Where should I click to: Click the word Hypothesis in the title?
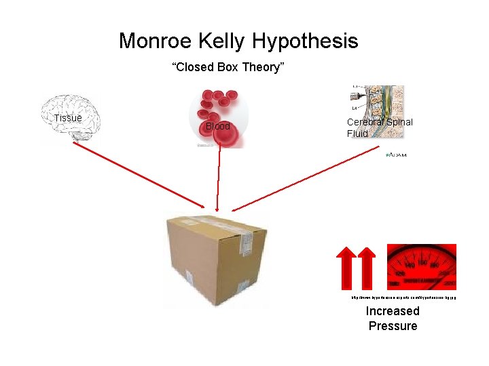pos(305,42)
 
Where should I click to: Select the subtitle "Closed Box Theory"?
pos(228,67)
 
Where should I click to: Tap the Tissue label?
pos(68,118)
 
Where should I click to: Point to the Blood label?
pos(218,126)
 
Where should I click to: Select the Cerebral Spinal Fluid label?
pos(379,127)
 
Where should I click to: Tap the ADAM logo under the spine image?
pos(396,155)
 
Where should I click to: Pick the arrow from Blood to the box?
pos(218,180)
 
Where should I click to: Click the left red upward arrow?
pos(346,267)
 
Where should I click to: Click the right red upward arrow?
pos(367,267)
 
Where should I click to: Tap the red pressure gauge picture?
pos(421,266)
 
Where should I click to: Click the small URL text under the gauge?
pos(403,297)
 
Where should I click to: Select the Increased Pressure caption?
pos(393,319)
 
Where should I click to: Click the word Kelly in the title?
pos(221,41)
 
